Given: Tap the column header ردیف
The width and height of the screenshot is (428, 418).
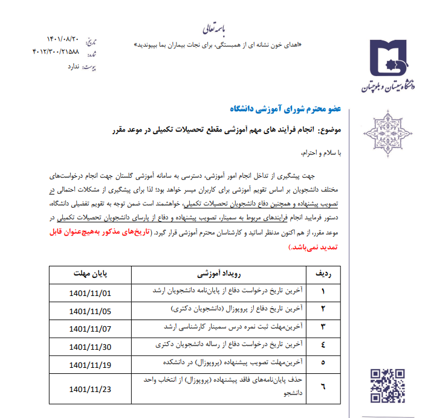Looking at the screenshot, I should (323, 273).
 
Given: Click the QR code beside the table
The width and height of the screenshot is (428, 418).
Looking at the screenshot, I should (387, 385).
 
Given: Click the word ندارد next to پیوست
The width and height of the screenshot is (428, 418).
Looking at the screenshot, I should (73, 66).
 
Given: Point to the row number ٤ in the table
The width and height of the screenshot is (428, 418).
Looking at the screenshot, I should (323, 347).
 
